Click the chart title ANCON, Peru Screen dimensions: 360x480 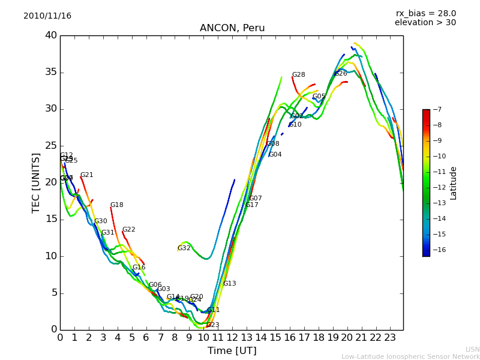click(x=232, y=28)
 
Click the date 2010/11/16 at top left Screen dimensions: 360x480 click(x=47, y=16)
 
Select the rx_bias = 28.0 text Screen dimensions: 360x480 click(x=425, y=14)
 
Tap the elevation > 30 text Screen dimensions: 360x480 click(x=425, y=23)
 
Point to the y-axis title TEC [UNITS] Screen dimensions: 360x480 click(x=36, y=182)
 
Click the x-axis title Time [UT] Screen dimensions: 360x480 click(x=232, y=351)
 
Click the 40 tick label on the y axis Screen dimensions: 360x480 click(x=50, y=35)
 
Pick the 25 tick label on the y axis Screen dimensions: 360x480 click(x=50, y=146)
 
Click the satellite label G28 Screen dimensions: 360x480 click(x=298, y=75)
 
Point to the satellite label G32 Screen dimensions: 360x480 click(x=184, y=248)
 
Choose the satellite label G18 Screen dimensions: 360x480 click(x=116, y=205)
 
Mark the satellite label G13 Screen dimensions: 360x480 click(x=229, y=284)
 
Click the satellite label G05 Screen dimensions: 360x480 click(x=319, y=97)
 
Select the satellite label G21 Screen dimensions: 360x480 click(x=86, y=175)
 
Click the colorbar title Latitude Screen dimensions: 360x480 click(x=454, y=183)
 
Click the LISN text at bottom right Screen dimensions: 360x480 click(x=472, y=349)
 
